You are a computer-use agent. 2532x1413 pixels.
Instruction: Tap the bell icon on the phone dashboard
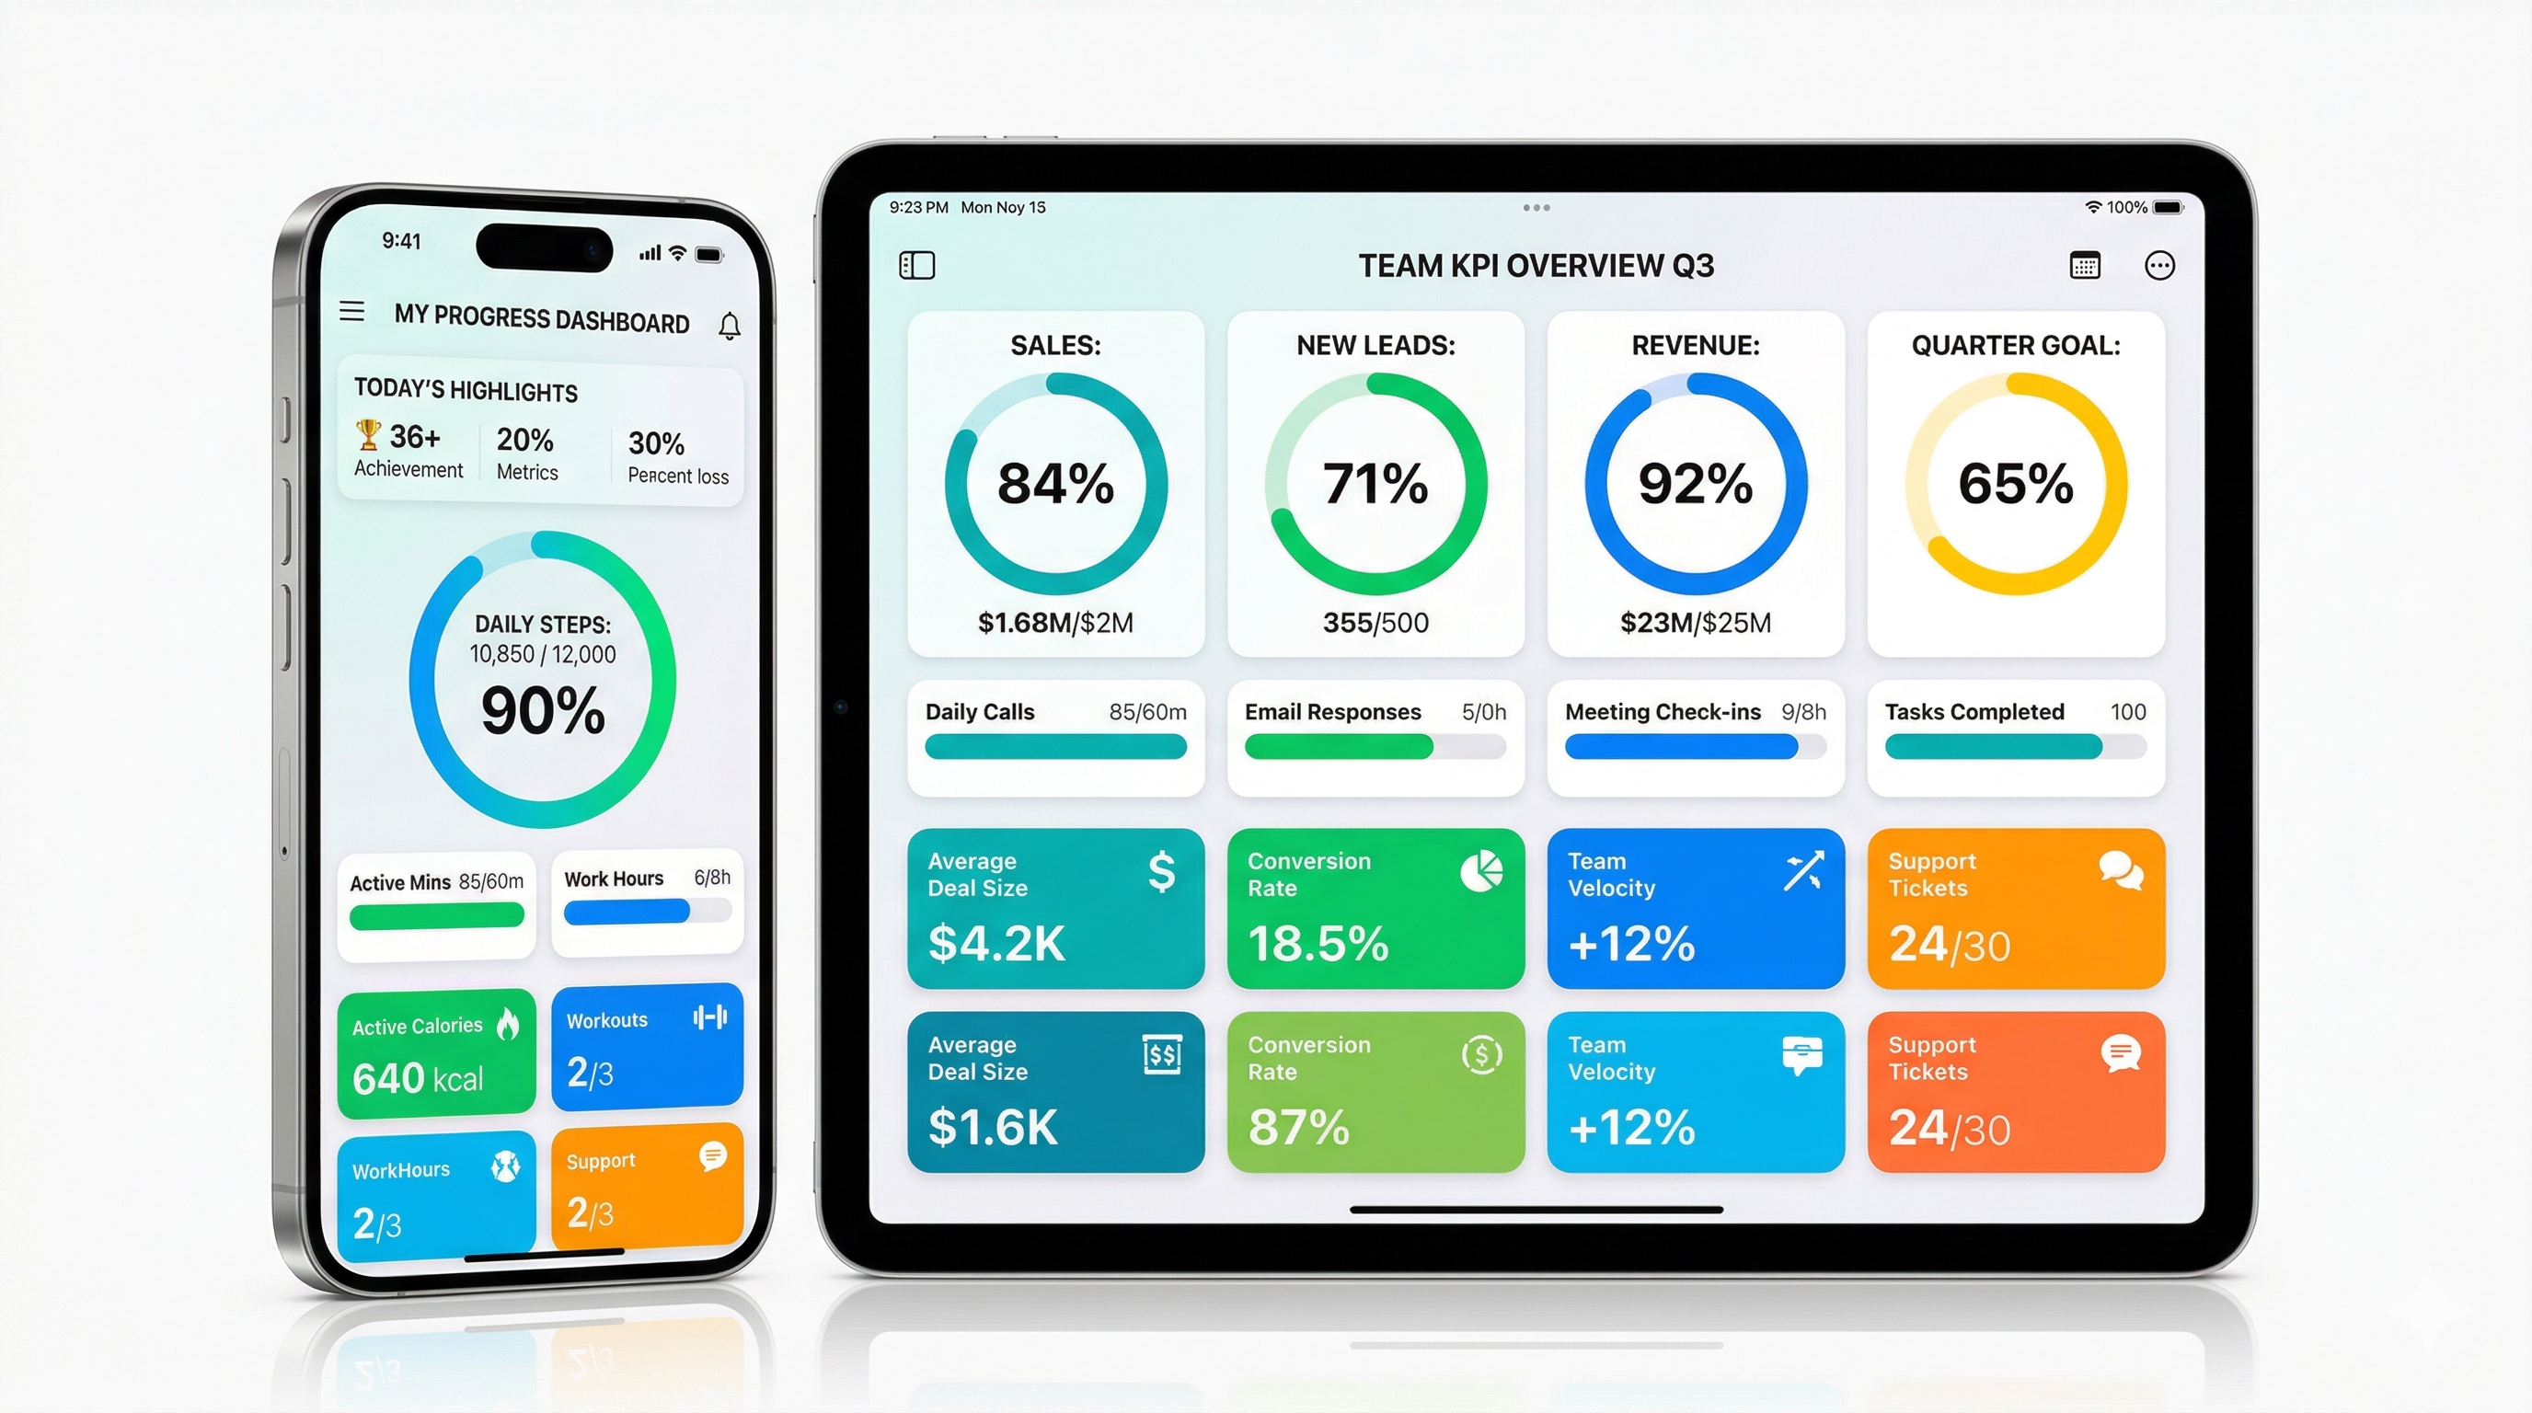point(730,326)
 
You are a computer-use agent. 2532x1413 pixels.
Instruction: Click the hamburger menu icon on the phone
point(351,312)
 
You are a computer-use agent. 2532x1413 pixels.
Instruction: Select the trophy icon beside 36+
point(368,433)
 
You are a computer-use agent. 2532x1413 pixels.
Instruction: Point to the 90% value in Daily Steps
point(543,710)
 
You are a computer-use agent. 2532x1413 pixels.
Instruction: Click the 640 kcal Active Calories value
point(418,1079)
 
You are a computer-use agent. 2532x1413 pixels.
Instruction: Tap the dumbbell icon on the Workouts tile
point(709,1017)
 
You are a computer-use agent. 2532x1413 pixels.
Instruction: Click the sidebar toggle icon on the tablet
point(917,265)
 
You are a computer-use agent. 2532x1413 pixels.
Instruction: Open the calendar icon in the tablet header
point(2085,265)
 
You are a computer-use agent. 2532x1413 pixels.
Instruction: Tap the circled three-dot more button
point(2159,265)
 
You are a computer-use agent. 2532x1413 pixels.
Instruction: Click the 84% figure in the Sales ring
point(1055,484)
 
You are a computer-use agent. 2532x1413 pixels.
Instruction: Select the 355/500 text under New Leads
point(1375,623)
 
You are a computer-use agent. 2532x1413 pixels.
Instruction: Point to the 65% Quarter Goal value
point(2015,484)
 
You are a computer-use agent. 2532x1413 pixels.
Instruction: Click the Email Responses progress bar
point(1375,747)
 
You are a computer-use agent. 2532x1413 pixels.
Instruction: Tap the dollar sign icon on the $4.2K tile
point(1162,871)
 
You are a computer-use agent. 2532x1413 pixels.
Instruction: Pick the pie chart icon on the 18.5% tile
point(1481,871)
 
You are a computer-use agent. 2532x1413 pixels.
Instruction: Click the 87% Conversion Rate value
point(1298,1127)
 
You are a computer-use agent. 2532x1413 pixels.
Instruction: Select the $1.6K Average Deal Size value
point(993,1127)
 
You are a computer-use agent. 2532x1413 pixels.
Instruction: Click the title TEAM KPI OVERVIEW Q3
point(1536,265)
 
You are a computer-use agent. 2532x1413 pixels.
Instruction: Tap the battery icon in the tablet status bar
point(2169,207)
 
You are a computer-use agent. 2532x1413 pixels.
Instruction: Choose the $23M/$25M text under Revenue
point(1696,623)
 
